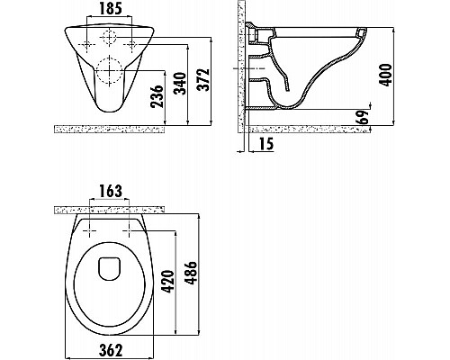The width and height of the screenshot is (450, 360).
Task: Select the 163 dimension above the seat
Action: click(x=110, y=192)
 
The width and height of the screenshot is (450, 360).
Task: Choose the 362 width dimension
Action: click(x=109, y=347)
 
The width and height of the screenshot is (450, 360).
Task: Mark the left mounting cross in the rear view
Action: click(x=87, y=42)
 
